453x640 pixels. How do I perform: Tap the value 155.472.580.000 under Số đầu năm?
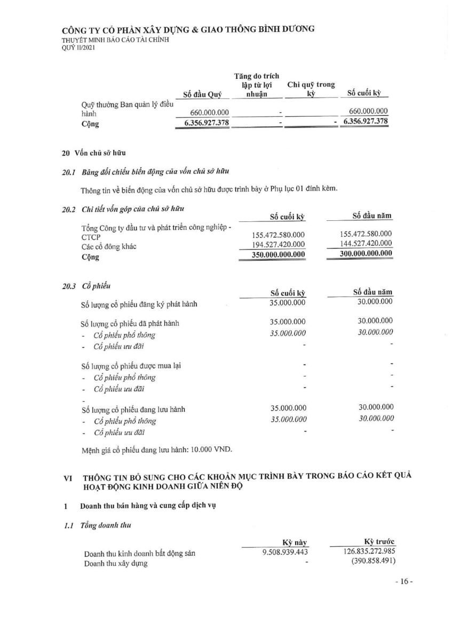(x=365, y=234)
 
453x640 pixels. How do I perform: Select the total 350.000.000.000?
(x=279, y=254)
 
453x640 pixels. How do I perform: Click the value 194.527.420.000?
(x=279, y=244)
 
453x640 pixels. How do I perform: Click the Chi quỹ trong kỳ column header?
(x=311, y=89)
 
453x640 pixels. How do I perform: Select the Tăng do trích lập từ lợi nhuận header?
(x=257, y=85)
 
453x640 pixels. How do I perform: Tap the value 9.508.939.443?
(x=285, y=553)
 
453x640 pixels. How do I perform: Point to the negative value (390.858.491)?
(x=373, y=562)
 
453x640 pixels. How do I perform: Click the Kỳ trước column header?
(x=378, y=542)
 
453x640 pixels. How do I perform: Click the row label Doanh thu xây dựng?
(x=116, y=564)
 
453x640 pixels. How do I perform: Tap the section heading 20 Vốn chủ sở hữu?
(x=94, y=153)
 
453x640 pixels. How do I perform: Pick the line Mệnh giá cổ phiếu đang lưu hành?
(x=157, y=449)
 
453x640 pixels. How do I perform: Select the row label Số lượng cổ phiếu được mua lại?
(x=134, y=367)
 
